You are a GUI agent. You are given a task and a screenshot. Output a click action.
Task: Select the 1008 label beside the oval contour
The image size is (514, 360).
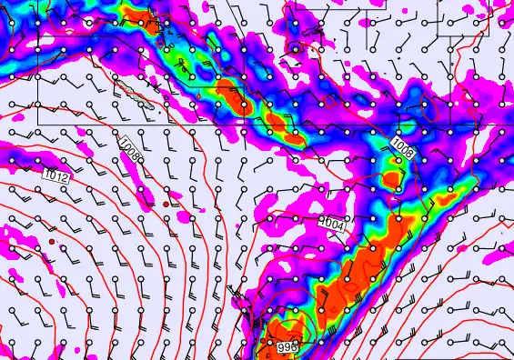pos(403,148)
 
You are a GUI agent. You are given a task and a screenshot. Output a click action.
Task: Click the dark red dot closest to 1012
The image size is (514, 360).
pos(53,241)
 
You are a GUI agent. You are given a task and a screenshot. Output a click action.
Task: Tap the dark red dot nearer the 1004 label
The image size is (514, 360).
pos(166,205)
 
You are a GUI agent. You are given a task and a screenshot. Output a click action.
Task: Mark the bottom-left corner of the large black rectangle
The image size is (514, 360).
pos(37,124)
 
